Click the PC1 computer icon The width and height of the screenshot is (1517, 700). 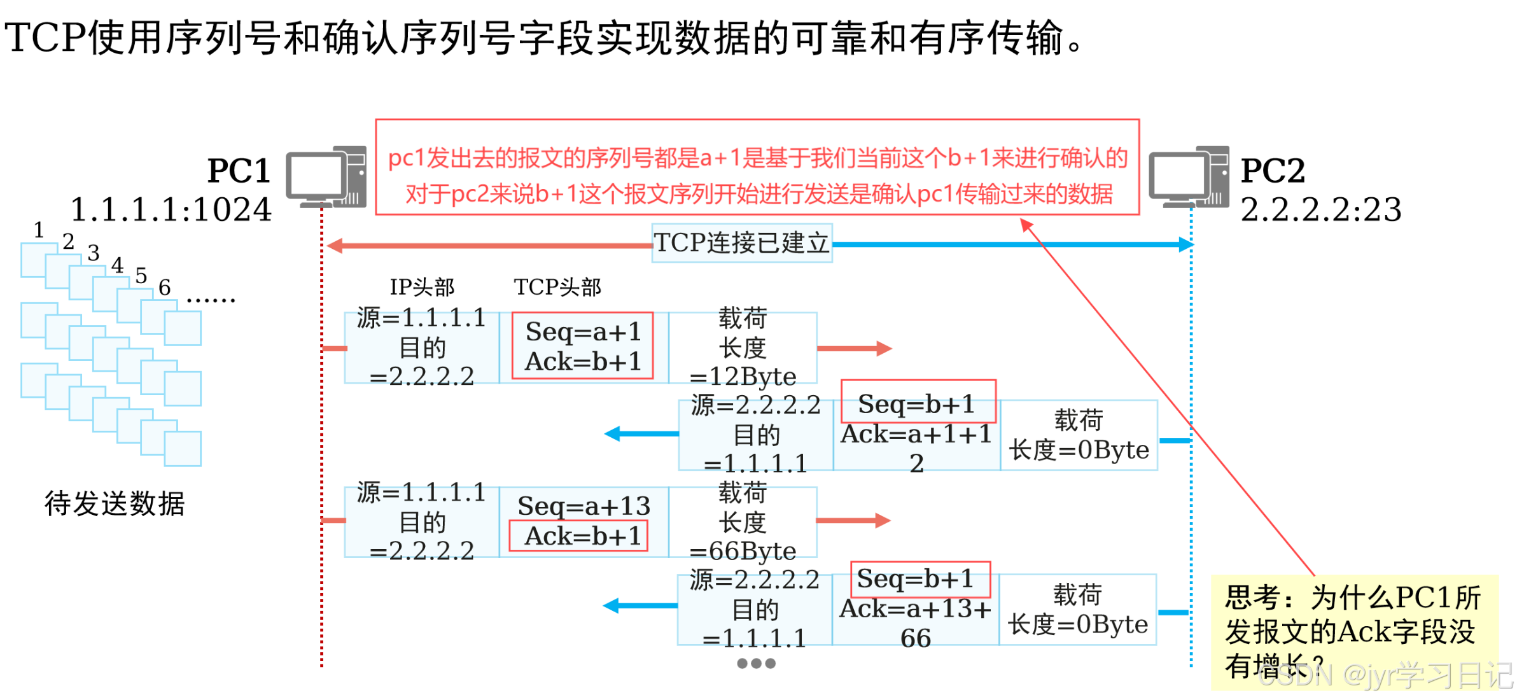(x=326, y=177)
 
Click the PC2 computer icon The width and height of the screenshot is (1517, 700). (x=1189, y=177)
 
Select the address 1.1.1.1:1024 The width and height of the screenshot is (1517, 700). (x=171, y=209)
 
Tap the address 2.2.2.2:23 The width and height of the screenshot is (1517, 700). (x=1321, y=209)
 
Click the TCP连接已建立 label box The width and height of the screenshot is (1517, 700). (x=742, y=243)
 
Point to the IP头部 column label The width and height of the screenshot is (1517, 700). (x=422, y=287)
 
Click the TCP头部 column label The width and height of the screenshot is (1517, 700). (x=557, y=287)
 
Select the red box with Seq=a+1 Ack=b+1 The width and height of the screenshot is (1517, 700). (x=582, y=346)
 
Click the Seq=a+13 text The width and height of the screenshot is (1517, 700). (x=584, y=506)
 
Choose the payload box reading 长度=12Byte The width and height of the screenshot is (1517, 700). (x=743, y=347)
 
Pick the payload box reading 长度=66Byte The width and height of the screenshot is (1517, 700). (x=743, y=522)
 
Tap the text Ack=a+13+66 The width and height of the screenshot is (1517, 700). (x=915, y=623)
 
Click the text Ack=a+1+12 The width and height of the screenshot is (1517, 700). (x=916, y=448)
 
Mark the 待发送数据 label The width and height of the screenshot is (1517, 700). (x=115, y=503)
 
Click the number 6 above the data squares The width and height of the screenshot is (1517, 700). (x=164, y=288)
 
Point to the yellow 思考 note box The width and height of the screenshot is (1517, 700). (x=1354, y=631)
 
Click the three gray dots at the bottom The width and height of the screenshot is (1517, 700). (x=756, y=663)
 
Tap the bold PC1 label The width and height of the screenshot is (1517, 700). (x=239, y=171)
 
